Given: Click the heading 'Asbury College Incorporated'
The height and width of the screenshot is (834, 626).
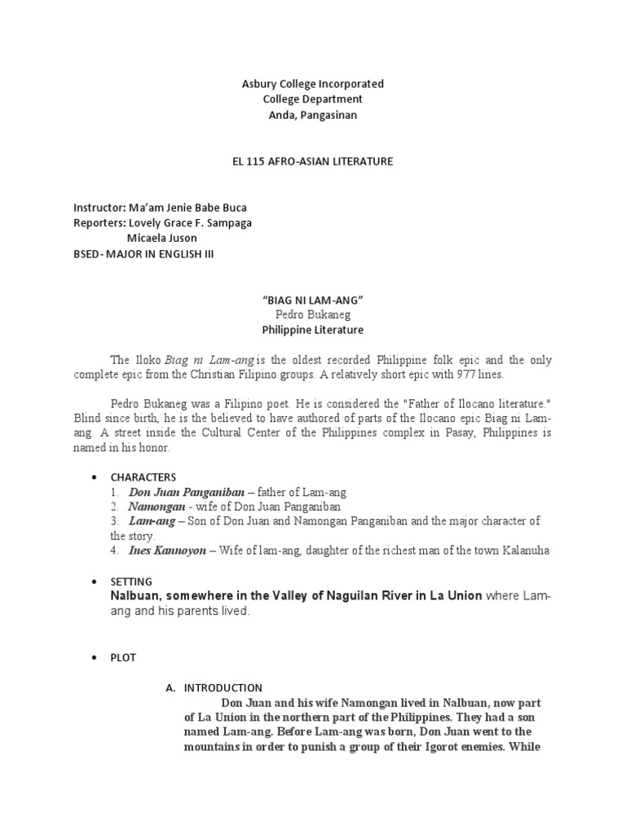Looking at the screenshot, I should click(x=313, y=84).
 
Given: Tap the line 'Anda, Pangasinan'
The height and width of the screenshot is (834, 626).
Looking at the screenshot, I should click(x=313, y=115).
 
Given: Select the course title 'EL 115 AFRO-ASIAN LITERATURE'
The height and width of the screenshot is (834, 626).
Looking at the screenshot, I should click(x=313, y=161).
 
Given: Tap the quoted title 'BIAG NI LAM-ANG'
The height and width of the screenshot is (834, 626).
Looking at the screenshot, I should click(x=313, y=300).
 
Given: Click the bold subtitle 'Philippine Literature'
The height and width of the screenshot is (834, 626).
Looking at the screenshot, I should click(x=313, y=330).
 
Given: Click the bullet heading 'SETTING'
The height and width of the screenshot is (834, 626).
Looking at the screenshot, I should click(x=131, y=582).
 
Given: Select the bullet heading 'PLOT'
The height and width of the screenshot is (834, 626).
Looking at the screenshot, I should click(x=125, y=657).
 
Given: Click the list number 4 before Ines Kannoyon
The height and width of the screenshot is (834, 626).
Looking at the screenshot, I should click(x=115, y=551).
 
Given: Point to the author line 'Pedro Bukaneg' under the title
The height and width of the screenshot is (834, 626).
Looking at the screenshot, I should click(x=313, y=314).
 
